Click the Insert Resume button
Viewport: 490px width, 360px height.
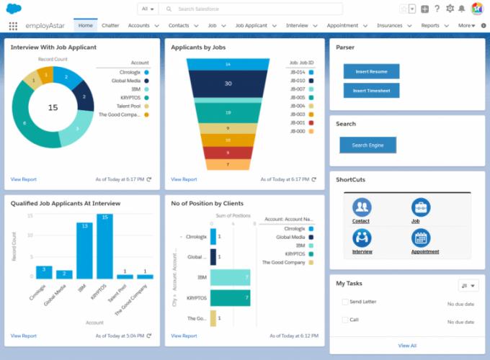click(371, 71)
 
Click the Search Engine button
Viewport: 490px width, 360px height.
click(367, 145)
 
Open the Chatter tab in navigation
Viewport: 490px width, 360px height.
click(110, 25)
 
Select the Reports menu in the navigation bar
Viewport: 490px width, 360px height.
click(430, 25)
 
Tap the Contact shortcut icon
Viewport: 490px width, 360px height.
click(361, 207)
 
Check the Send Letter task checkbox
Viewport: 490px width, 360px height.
click(344, 302)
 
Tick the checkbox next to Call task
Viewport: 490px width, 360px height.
click(344, 319)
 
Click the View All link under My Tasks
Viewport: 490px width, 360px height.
click(407, 346)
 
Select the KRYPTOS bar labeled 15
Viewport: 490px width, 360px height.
click(104, 246)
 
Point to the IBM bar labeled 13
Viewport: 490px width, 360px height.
click(84, 251)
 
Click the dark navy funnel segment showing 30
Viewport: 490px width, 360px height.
click(228, 84)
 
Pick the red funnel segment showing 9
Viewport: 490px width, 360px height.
click(228, 153)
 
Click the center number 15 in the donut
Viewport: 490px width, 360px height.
click(53, 107)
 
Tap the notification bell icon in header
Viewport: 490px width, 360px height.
click(461, 9)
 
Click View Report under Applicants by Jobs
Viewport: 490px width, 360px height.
click(184, 179)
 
